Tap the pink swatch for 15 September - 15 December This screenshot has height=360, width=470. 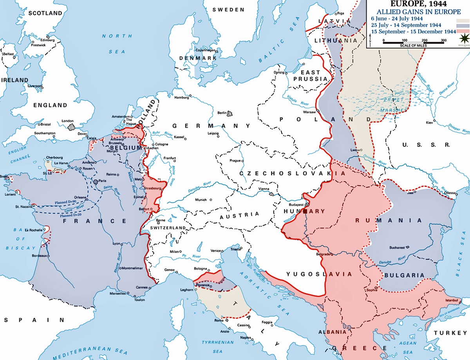(463, 32)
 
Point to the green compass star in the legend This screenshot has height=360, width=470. (463, 39)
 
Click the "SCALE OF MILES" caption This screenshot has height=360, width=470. (413, 46)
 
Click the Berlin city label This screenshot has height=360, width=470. (222, 113)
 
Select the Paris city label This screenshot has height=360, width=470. (102, 180)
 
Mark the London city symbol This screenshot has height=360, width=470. (71, 127)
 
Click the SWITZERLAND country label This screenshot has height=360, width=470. (168, 228)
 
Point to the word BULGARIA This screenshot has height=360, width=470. (404, 275)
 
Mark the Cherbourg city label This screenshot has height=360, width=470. (54, 158)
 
